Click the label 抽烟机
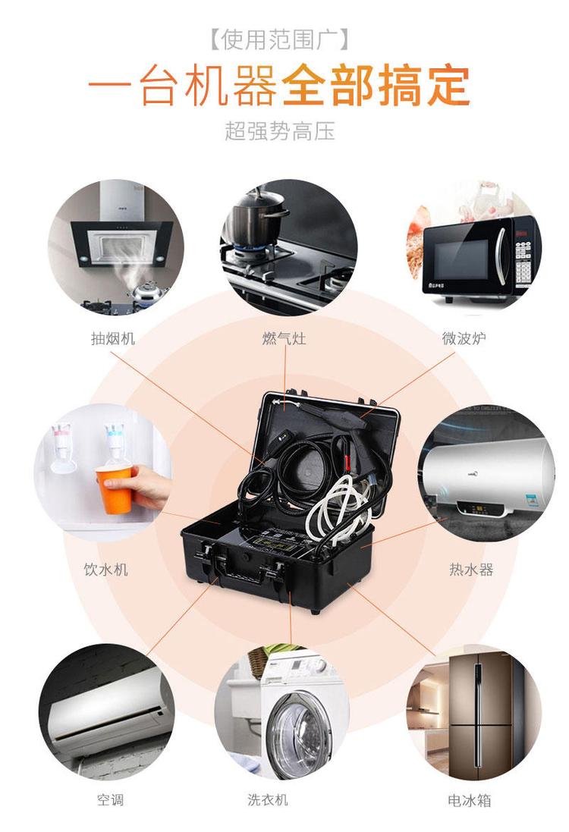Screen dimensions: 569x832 [113, 338]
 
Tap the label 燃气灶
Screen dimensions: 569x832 [284, 338]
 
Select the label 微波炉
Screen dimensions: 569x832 [464, 338]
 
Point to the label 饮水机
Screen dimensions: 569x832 [106, 570]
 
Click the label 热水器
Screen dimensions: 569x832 [471, 570]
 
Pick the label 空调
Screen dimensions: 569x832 [111, 799]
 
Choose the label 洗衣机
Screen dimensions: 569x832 [268, 799]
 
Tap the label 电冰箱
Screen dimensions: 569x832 [469, 799]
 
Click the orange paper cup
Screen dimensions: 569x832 [115, 489]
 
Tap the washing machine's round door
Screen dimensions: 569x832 [298, 736]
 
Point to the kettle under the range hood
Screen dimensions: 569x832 [143, 291]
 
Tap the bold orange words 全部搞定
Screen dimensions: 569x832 [376, 86]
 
